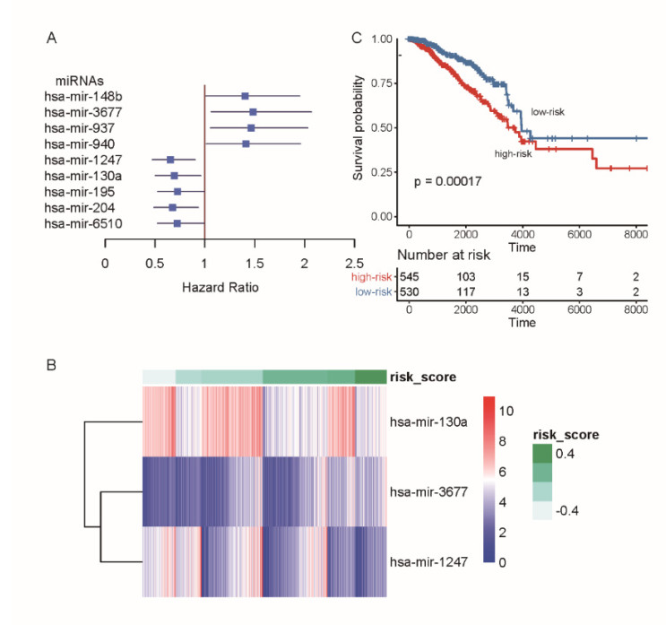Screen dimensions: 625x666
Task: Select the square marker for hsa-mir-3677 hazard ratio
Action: pos(253,112)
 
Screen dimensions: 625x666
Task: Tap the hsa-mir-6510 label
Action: pos(85,222)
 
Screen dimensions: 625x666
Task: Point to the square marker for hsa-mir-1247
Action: pos(170,160)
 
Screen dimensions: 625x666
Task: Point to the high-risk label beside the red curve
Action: pos(514,155)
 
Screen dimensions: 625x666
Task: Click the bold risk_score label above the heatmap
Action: pos(422,377)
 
